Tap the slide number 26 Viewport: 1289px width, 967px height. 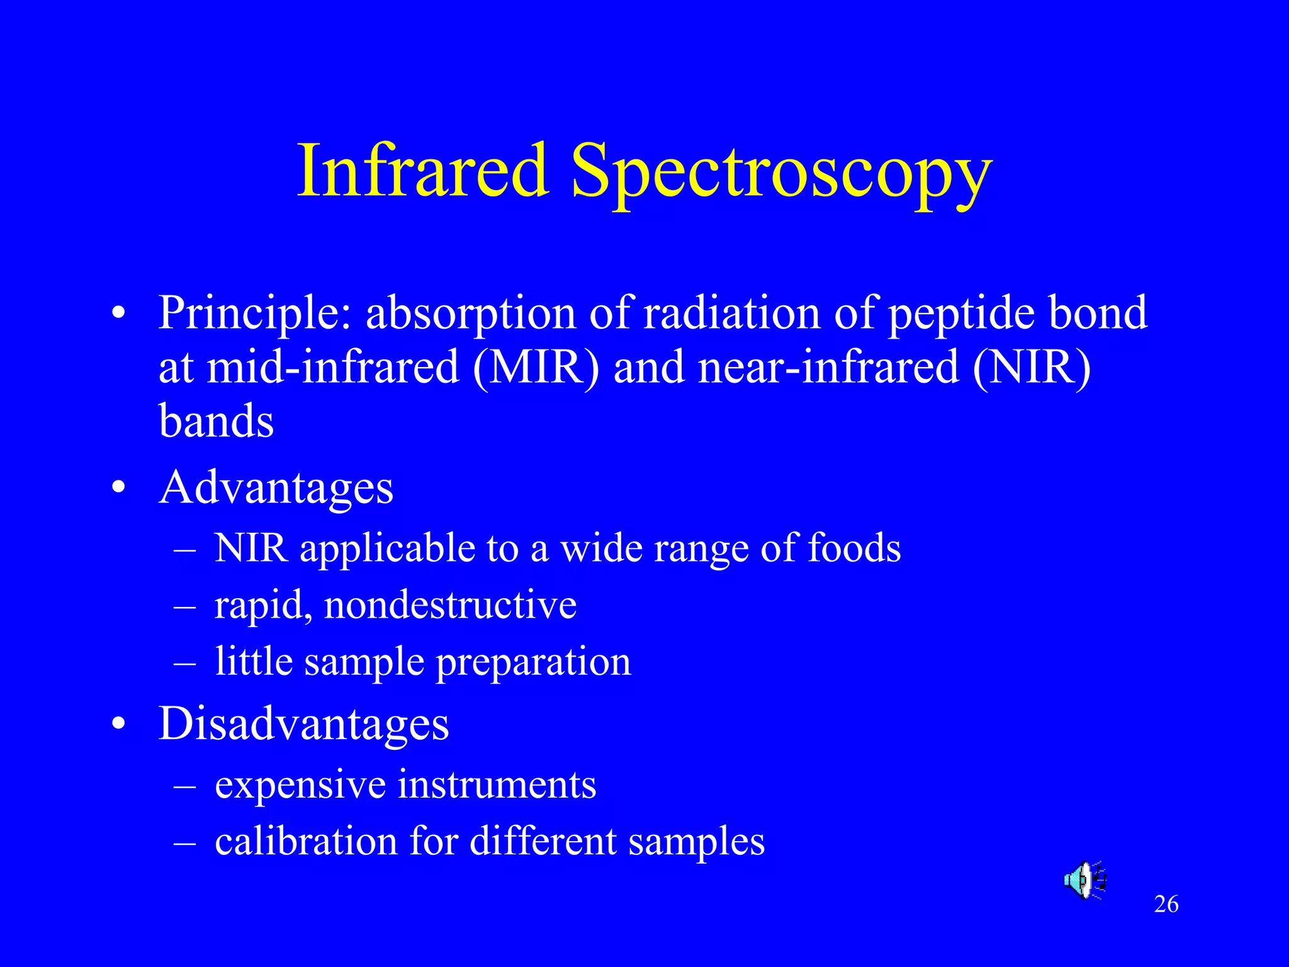1166,905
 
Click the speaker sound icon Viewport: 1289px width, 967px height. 1084,879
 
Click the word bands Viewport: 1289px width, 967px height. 216,421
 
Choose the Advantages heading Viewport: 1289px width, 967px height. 276,488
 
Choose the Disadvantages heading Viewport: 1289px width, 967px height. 303,723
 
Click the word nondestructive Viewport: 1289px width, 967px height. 450,605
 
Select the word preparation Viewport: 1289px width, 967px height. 533,663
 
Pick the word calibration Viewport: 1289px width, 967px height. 306,842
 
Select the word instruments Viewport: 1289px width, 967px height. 497,785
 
